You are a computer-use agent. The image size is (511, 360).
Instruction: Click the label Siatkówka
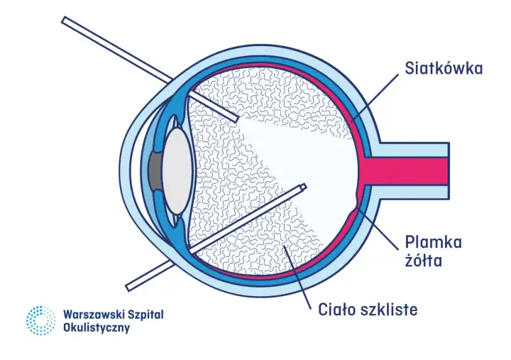[x=444, y=69]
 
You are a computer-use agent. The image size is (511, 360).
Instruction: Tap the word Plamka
[x=434, y=242]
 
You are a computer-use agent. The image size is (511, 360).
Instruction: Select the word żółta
[x=424, y=261]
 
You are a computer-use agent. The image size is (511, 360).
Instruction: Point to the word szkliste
[x=389, y=309]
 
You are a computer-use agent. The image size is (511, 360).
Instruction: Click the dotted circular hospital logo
[x=40, y=320]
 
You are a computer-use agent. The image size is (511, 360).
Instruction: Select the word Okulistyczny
[x=97, y=328]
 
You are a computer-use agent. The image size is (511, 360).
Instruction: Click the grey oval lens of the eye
[x=177, y=171]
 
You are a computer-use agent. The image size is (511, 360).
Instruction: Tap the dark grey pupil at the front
[x=155, y=171]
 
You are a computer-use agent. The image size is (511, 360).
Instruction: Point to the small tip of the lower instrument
[x=304, y=187]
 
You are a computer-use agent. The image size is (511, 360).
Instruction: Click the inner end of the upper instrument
[x=236, y=119]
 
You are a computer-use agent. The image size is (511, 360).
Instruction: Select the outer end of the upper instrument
[x=65, y=20]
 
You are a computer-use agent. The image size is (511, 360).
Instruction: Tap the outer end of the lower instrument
[x=128, y=288]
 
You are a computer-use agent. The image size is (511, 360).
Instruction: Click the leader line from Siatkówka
[x=375, y=98]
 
